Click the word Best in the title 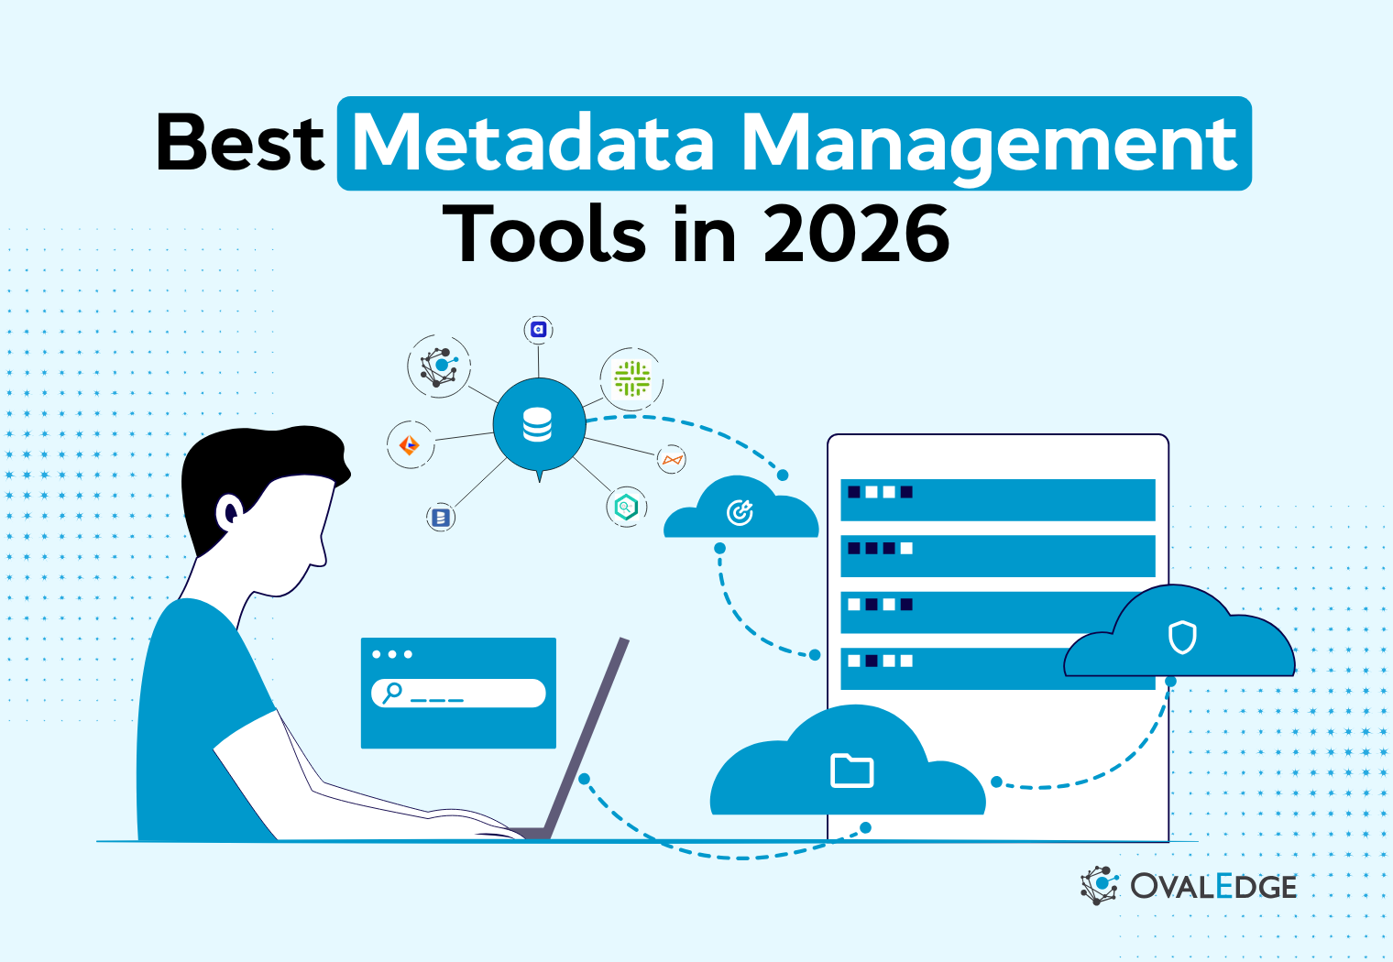click(240, 144)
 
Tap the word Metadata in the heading click(533, 144)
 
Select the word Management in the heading click(990, 144)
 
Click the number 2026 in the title click(856, 235)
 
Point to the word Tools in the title click(544, 235)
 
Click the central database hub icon click(538, 425)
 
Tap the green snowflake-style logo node click(631, 378)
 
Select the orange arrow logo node click(410, 445)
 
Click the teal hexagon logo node click(626, 507)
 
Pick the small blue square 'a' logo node click(539, 330)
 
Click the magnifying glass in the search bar click(392, 692)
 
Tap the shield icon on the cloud click(1182, 637)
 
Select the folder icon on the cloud click(851, 771)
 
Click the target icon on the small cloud click(740, 513)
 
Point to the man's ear click(228, 511)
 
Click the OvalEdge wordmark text click(1212, 887)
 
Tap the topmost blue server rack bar click(997, 499)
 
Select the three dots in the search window click(392, 654)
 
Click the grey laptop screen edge click(587, 738)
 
